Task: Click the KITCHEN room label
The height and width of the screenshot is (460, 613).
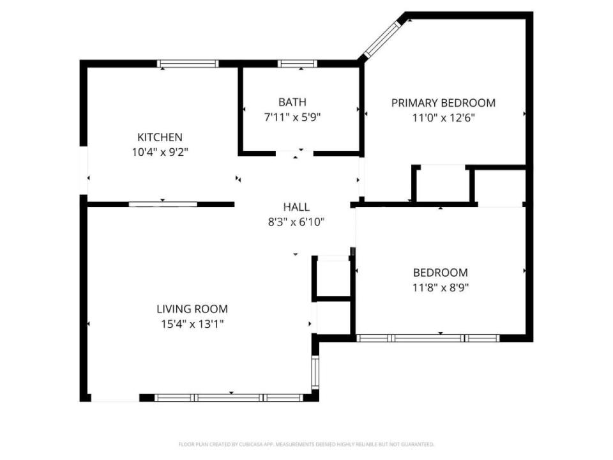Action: pos(160,137)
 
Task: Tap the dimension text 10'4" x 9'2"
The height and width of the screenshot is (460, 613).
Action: pos(160,153)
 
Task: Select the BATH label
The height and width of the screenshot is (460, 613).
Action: pos(292,102)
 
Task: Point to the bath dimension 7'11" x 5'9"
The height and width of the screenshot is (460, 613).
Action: pos(292,117)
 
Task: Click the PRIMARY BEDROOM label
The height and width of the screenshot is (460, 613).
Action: pos(443,103)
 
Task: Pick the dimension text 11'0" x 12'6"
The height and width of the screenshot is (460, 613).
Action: pos(443,118)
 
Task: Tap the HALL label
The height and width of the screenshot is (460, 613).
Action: pos(296,207)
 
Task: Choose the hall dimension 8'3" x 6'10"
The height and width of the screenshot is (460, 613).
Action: pos(296,222)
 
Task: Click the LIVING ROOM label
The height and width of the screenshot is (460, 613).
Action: pos(192,309)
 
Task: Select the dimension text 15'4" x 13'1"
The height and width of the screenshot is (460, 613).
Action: pos(192,324)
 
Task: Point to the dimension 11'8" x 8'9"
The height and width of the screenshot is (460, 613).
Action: pos(441,287)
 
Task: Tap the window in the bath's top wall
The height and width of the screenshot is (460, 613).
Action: pos(298,63)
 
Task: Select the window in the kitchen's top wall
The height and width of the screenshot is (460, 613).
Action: pos(188,63)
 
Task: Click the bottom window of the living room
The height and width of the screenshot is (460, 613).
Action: pos(229,397)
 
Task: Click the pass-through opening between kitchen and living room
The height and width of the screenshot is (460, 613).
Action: pos(163,204)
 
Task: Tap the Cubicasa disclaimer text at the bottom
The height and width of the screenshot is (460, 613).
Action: pos(306,444)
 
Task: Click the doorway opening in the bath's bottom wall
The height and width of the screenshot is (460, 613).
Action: pos(294,153)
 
